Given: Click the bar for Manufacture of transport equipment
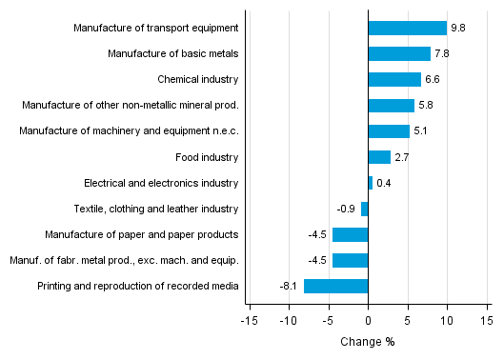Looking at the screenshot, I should (407, 29).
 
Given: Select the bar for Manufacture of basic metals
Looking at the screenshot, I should (399, 54).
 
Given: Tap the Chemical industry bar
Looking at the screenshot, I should (394, 80).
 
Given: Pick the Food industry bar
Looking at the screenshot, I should (379, 157).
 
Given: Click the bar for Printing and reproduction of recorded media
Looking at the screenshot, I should (335, 286).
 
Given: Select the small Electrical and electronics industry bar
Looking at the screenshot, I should (370, 183).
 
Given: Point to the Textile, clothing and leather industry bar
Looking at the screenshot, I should (364, 209).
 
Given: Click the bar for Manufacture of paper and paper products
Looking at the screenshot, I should (350, 234).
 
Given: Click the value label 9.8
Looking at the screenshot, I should (459, 29).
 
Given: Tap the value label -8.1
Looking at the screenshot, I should (288, 286).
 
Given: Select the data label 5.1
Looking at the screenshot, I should (421, 131).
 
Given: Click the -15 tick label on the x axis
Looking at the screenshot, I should (249, 321).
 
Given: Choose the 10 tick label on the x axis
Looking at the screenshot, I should (447, 321).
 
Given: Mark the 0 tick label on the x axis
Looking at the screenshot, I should (368, 321).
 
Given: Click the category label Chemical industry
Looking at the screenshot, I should (197, 80).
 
